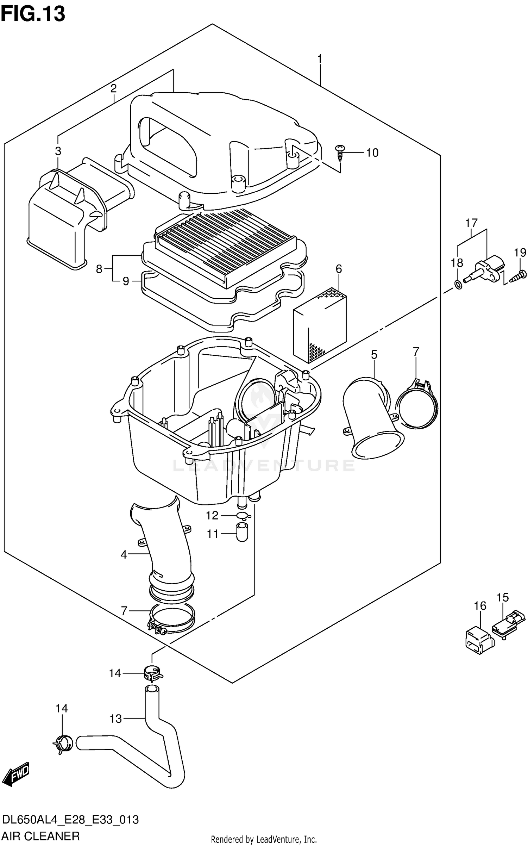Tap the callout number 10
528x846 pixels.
pyautogui.click(x=372, y=153)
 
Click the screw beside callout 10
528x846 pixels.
pyautogui.click(x=340, y=151)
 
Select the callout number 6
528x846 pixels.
pyautogui.click(x=339, y=269)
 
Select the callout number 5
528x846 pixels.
pyautogui.click(x=374, y=355)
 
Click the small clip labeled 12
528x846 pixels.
pyautogui.click(x=244, y=516)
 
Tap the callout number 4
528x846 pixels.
pyautogui.click(x=124, y=555)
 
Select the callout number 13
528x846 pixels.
pyautogui.click(x=116, y=718)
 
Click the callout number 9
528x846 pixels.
pyautogui.click(x=126, y=281)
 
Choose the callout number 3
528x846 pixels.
pyautogui.click(x=58, y=151)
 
